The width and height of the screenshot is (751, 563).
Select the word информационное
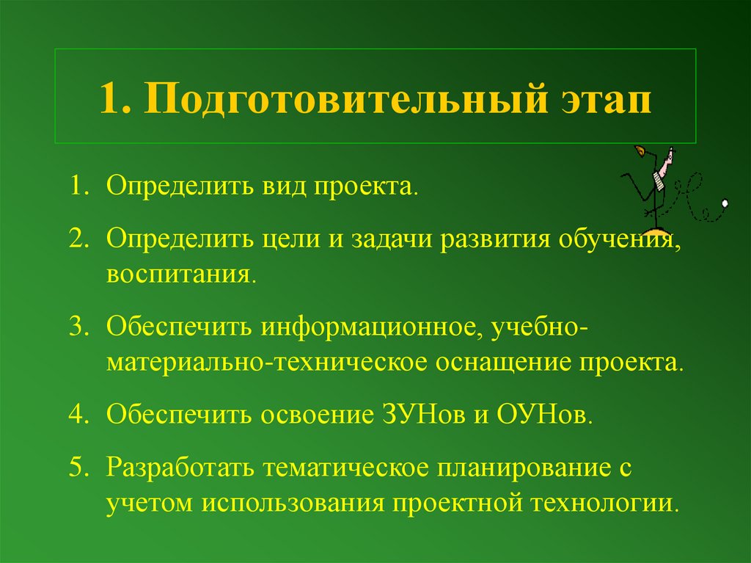[x=367, y=328]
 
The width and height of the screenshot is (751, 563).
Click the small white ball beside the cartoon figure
[x=725, y=202]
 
